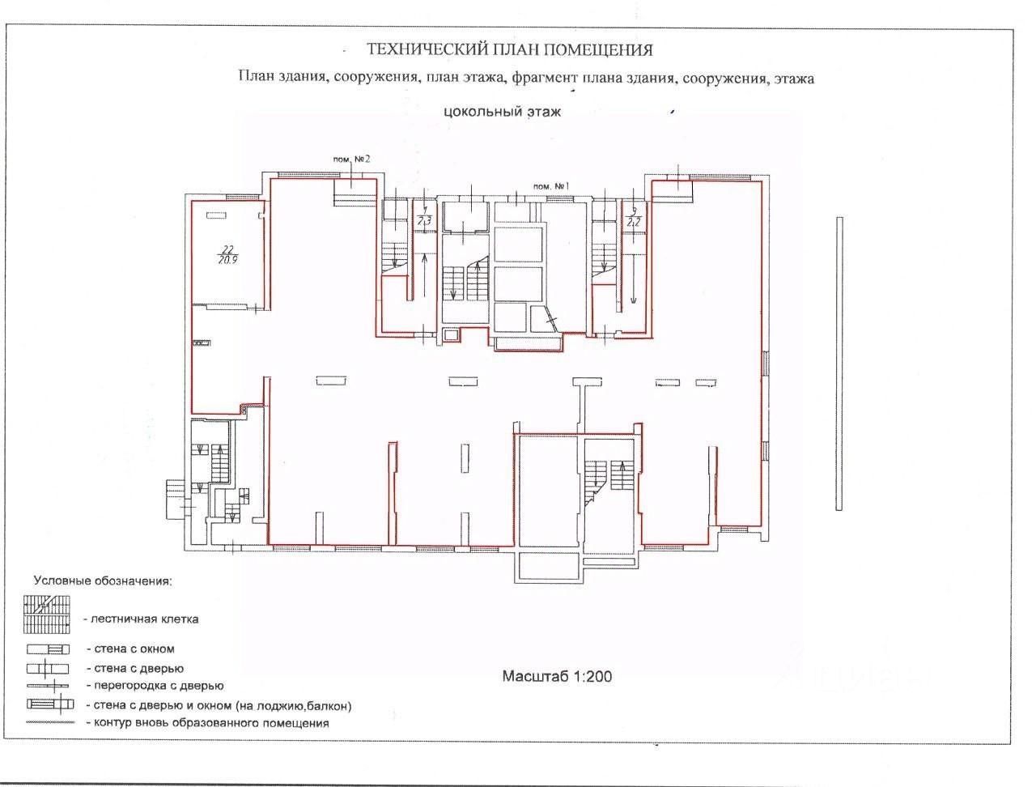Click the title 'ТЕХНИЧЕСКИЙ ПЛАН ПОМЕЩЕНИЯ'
(510, 50)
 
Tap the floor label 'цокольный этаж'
(502, 112)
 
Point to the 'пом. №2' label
(352, 159)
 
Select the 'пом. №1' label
(552, 186)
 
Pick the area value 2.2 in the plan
(634, 221)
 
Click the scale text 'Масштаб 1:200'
(557, 676)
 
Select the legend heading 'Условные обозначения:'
(103, 581)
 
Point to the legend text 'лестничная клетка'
(145, 619)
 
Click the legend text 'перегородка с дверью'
(154, 686)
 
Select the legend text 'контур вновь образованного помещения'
(211, 723)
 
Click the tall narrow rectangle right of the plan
(839, 363)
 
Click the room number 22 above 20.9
(227, 249)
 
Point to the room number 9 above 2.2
(634, 211)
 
